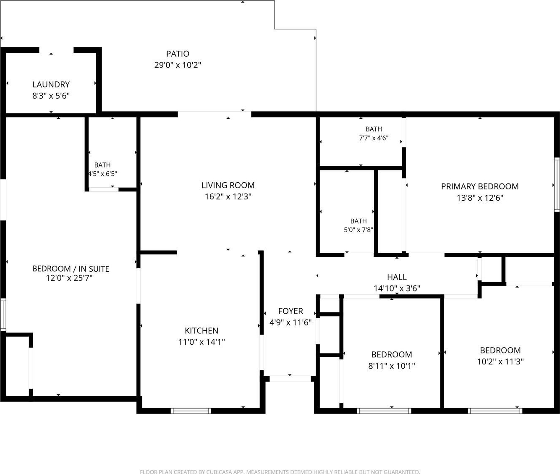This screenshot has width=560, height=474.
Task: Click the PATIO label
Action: tap(178, 54)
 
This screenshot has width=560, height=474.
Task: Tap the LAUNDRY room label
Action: tap(51, 84)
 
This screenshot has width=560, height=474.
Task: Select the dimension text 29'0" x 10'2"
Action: tap(178, 65)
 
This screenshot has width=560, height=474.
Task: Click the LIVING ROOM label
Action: tap(228, 186)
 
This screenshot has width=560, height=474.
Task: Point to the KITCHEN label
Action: tap(201, 331)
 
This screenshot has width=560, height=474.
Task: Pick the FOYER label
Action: tap(290, 311)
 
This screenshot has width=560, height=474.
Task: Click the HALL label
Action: tap(397, 277)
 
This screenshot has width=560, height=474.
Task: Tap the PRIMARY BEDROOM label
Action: tap(480, 186)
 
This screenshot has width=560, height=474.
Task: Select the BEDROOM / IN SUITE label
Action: tap(71, 269)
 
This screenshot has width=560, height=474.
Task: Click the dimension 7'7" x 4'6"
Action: tap(374, 138)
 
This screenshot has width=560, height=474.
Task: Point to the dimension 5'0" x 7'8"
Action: tap(359, 230)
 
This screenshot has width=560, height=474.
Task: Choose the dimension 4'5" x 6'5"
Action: tap(103, 174)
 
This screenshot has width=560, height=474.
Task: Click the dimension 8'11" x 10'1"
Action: tap(392, 366)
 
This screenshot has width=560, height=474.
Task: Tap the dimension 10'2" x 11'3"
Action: tap(500, 362)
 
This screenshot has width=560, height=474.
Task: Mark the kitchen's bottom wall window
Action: tap(191, 411)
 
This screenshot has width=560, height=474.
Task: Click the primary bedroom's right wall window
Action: tap(557, 185)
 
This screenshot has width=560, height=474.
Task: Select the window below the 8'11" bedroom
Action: tap(384, 411)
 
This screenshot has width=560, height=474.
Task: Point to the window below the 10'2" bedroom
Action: tap(495, 411)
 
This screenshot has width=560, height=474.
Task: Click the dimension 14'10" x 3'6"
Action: tap(397, 288)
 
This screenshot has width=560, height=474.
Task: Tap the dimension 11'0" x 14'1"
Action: tap(201, 342)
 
